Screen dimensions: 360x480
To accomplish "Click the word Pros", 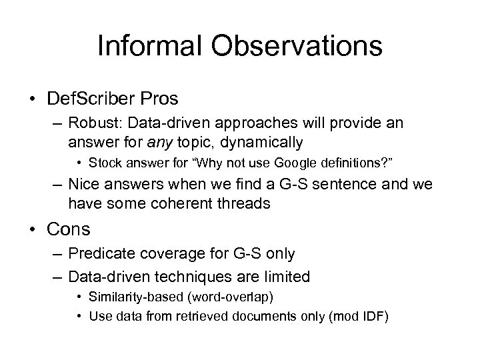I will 160,99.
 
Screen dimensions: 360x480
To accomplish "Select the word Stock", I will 104,161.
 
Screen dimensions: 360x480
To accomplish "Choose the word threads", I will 243,204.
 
